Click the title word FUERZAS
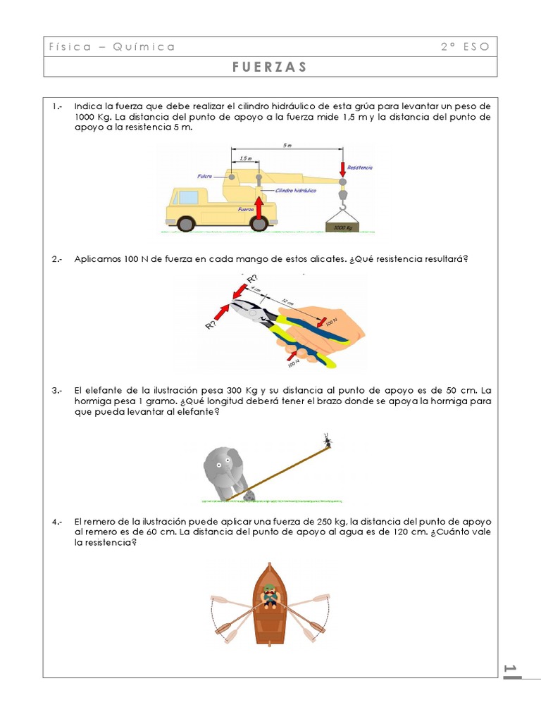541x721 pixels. click(x=270, y=67)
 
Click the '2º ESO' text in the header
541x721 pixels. click(x=465, y=47)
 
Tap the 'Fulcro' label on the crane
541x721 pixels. click(x=205, y=175)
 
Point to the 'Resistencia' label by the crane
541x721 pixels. click(x=361, y=168)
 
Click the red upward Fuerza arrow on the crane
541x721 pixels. click(x=259, y=206)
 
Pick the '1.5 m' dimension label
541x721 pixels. click(x=244, y=158)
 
